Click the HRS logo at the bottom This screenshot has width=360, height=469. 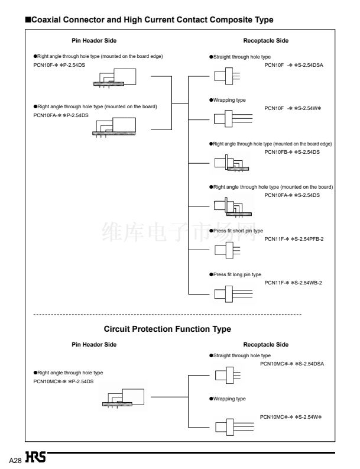pyautogui.click(x=35, y=457)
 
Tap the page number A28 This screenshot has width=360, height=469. pyautogui.click(x=15, y=460)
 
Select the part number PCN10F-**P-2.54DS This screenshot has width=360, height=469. pyautogui.click(x=59, y=65)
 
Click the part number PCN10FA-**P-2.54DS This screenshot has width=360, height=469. pyautogui.click(x=61, y=115)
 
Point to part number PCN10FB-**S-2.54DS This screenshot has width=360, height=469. pyautogui.click(x=292, y=152)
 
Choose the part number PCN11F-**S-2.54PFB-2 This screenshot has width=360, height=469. pyautogui.click(x=294, y=239)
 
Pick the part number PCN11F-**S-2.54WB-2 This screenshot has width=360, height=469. pyautogui.click(x=293, y=283)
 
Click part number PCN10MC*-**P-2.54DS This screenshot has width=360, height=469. pyautogui.click(x=63, y=381)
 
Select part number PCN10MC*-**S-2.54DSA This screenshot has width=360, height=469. pyautogui.click(x=292, y=364)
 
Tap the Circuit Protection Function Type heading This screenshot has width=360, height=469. pyautogui.click(x=167, y=329)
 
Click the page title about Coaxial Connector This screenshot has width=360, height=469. pyautogui.click(x=150, y=20)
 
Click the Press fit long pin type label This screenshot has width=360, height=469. pyautogui.click(x=235, y=274)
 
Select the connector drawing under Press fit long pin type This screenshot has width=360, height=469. pyautogui.click(x=233, y=294)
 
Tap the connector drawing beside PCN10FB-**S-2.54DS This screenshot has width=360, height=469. pyautogui.click(x=232, y=163)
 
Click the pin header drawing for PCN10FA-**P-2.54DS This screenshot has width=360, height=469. pyautogui.click(x=114, y=127)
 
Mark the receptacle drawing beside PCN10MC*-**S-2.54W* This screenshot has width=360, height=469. pyautogui.click(x=235, y=427)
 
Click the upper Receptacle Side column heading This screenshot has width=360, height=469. pyautogui.click(x=266, y=41)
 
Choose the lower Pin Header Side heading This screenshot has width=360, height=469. pyautogui.click(x=94, y=345)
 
